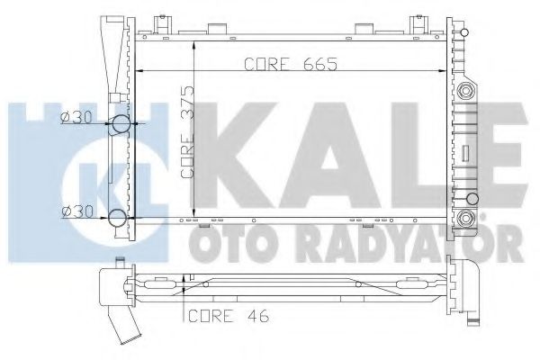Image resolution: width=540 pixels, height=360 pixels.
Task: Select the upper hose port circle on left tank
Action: (120, 126)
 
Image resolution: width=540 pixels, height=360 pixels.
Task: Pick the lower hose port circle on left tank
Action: (120, 216)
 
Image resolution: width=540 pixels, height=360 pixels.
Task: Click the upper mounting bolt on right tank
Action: (465, 91)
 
